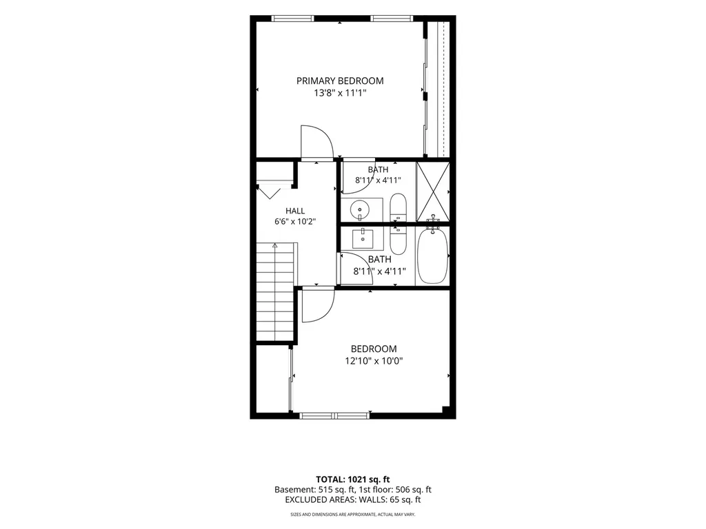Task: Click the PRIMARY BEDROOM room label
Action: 340,81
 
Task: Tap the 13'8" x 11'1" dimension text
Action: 341,93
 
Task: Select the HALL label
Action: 295,211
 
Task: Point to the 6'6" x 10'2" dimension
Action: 295,221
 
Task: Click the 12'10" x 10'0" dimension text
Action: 374,361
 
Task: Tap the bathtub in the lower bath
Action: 433,256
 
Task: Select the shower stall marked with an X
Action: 433,191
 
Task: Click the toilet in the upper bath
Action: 398,207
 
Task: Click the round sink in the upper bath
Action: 360,209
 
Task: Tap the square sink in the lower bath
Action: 363,238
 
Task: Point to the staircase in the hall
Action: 274,291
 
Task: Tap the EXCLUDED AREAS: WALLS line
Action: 353,500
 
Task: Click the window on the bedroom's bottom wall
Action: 334,415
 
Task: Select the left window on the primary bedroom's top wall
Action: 292,19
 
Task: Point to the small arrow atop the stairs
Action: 274,246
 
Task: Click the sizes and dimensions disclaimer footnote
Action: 352,514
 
